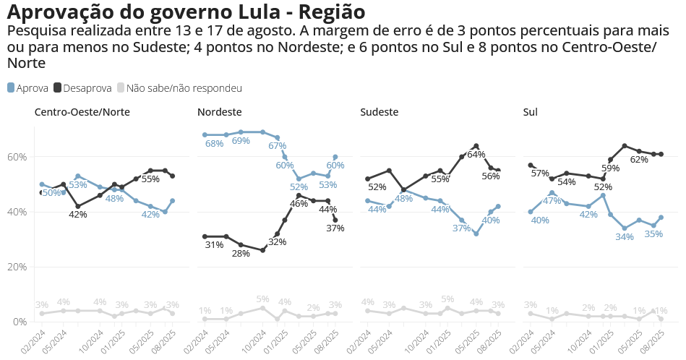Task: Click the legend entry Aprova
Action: (x=27, y=88)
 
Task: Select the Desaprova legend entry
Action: (x=82, y=88)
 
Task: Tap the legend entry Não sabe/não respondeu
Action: (x=179, y=88)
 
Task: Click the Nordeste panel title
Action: (x=219, y=112)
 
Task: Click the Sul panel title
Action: (x=530, y=112)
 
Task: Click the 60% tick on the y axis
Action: (x=17, y=157)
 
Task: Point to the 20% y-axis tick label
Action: (x=17, y=267)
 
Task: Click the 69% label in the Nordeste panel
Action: (x=241, y=142)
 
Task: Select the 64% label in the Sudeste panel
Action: (x=476, y=155)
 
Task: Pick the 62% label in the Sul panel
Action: (x=638, y=160)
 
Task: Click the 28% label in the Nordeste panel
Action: (x=241, y=254)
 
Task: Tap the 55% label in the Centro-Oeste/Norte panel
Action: (x=150, y=179)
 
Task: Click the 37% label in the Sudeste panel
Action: (x=461, y=228)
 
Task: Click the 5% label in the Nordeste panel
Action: (x=262, y=299)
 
